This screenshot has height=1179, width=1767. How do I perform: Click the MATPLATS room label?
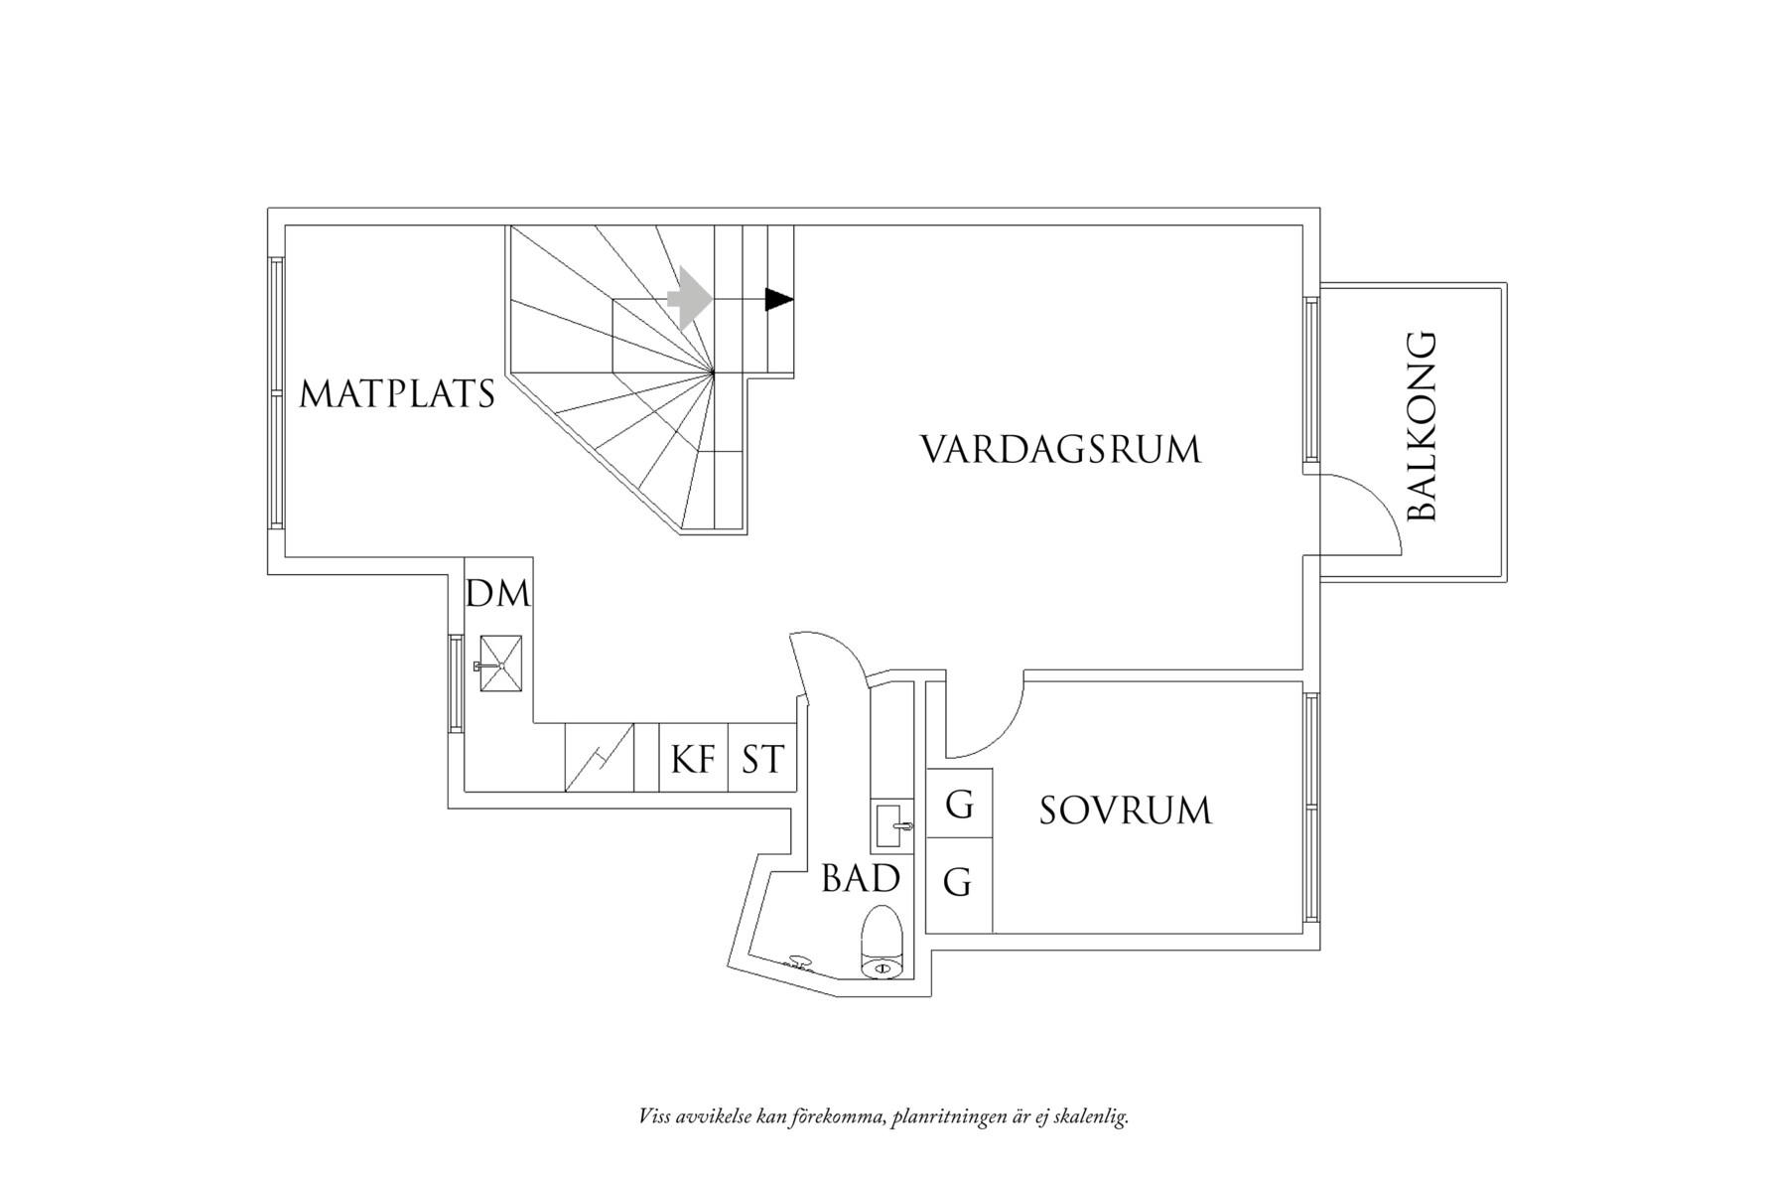tap(397, 394)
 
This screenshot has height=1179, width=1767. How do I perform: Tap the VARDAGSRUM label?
tap(1060, 449)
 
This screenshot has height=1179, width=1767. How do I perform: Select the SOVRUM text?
tap(1126, 811)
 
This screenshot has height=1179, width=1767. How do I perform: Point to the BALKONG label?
tap(1423, 427)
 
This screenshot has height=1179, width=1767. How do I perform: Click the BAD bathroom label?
tap(860, 879)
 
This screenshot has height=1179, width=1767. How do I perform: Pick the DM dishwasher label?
tap(498, 594)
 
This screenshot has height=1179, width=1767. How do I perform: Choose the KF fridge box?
tap(694, 760)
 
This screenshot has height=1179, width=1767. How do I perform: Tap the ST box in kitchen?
tap(762, 760)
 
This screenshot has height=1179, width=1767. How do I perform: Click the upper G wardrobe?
tap(959, 804)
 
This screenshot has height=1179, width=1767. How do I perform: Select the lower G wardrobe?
tap(957, 882)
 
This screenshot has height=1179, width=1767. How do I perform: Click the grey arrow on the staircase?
tap(690, 297)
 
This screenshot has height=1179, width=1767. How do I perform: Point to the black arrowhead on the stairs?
tap(779, 298)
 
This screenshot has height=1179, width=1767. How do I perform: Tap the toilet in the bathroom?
tap(882, 942)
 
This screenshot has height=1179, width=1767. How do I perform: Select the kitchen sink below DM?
tap(500, 663)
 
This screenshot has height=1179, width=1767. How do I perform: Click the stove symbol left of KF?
tap(600, 757)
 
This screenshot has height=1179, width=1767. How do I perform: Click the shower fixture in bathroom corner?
tap(797, 961)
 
